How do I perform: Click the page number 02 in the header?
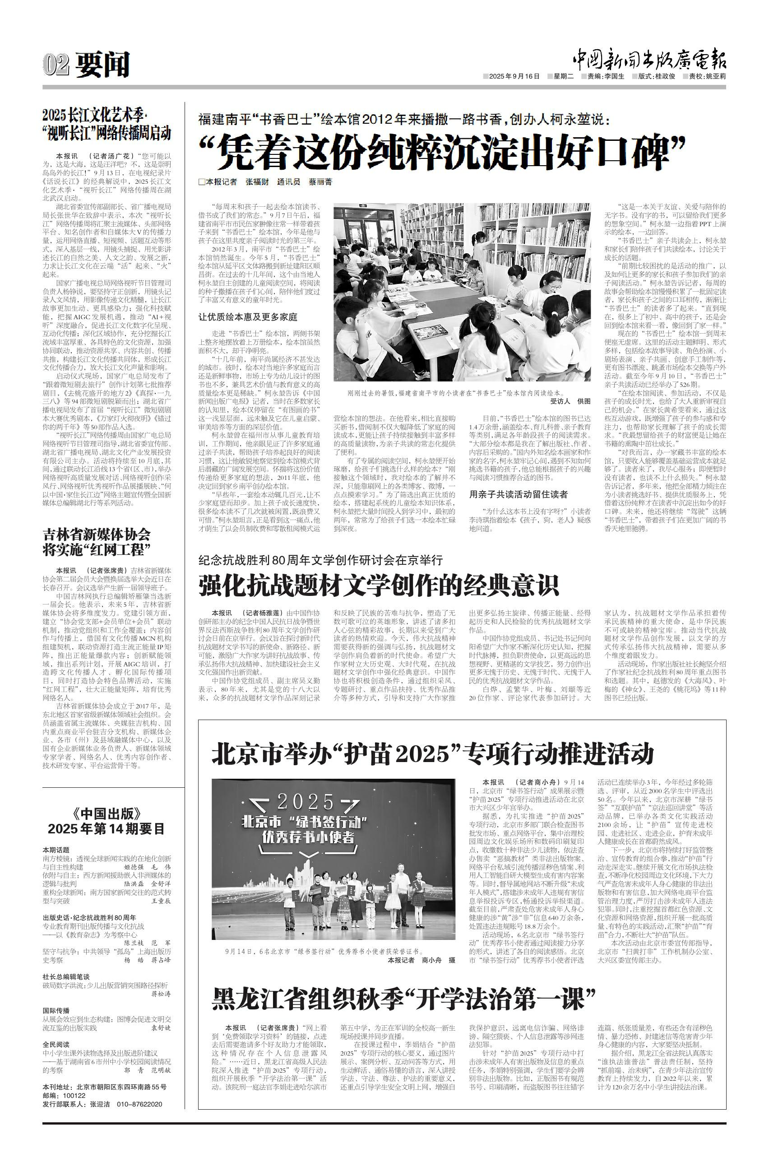[57, 64]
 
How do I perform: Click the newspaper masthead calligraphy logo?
[649, 60]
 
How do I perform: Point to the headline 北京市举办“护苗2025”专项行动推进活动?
[432, 754]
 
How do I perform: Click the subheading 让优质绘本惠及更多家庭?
[248, 317]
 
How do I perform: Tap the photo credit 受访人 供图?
[570, 401]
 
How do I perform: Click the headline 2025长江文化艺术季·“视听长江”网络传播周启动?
[107, 125]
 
